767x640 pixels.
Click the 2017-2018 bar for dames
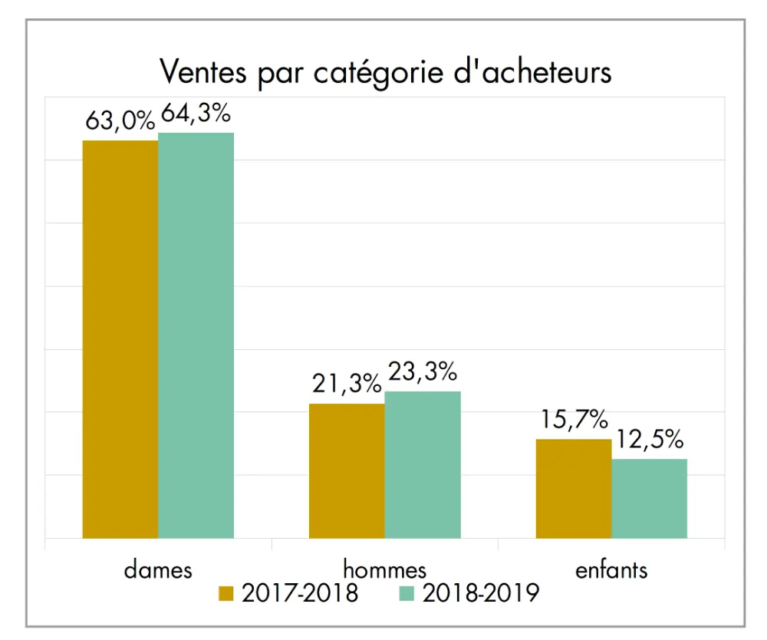[x=120, y=339]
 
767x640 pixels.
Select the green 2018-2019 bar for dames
[x=196, y=335]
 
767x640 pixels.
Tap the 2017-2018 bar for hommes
[x=347, y=470]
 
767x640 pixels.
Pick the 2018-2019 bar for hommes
[x=423, y=464]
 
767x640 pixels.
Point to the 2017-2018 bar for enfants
[x=574, y=488]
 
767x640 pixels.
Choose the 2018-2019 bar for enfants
[x=649, y=498]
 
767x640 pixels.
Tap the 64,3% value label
[x=195, y=114]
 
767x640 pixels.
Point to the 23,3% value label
[x=423, y=373]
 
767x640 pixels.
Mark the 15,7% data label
[x=573, y=421]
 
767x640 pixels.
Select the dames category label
[x=158, y=569]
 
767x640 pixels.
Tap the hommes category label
[x=384, y=569]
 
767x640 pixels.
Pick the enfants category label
[x=611, y=569]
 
